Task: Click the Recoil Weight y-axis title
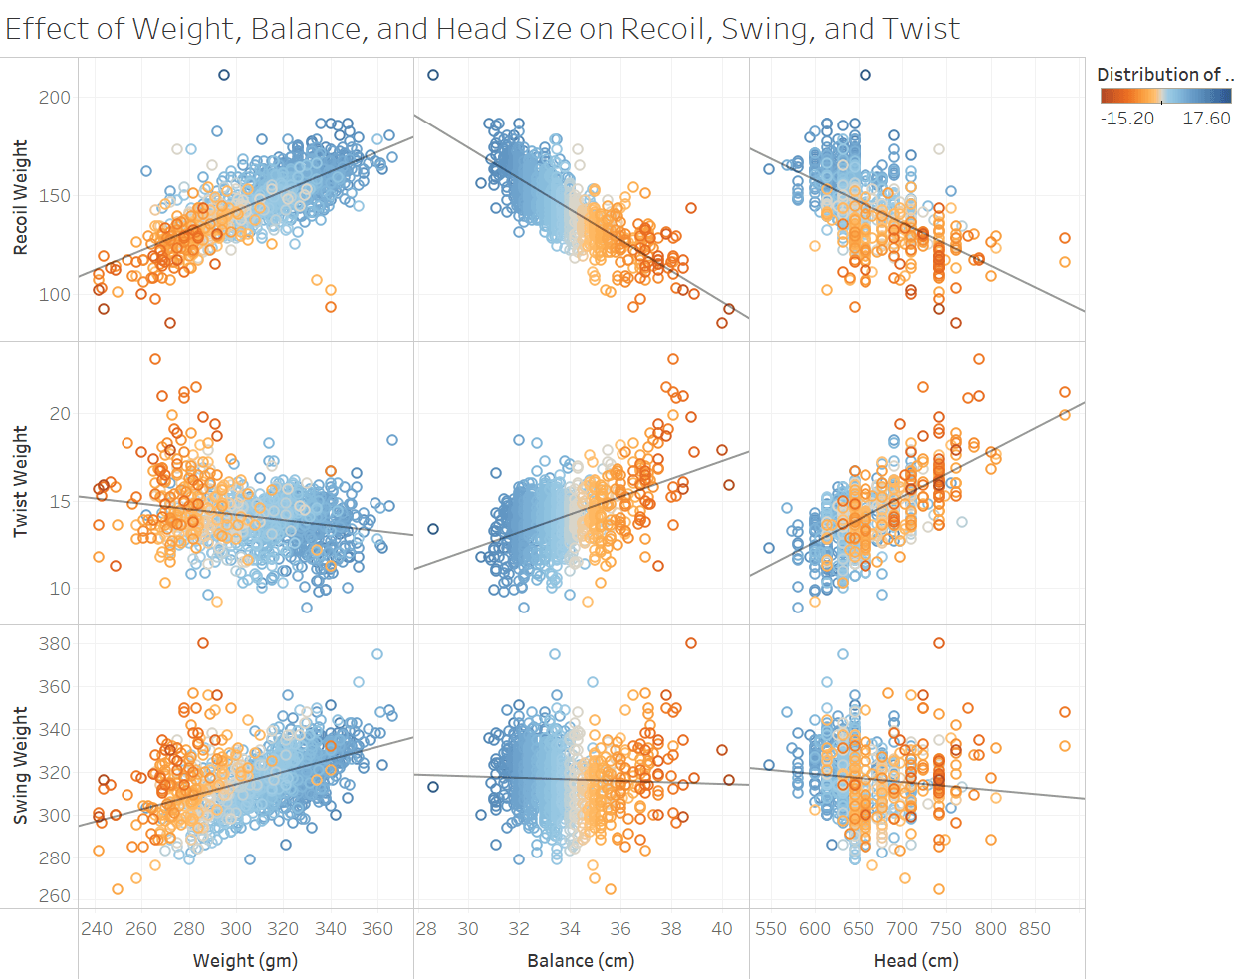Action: coord(20,197)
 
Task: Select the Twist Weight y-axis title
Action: coord(20,481)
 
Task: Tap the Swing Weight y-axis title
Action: coord(20,765)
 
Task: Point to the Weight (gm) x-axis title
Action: coord(245,960)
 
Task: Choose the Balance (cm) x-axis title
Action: coord(581,960)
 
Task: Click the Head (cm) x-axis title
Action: coord(916,960)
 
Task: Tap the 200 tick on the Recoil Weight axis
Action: coord(55,97)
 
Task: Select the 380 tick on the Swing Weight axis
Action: coord(55,644)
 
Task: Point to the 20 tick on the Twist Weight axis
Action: coord(60,413)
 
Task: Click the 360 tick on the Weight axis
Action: coord(377,929)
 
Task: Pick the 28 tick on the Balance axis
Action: coord(426,929)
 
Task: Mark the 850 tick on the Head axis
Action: coord(1035,929)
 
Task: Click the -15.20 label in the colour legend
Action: coord(1126,119)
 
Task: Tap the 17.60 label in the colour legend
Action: coord(1206,119)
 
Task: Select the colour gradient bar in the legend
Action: coord(1166,96)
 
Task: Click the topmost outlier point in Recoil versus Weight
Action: coord(224,75)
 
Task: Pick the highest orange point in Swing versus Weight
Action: coord(203,643)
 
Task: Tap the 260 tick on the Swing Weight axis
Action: coord(55,896)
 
